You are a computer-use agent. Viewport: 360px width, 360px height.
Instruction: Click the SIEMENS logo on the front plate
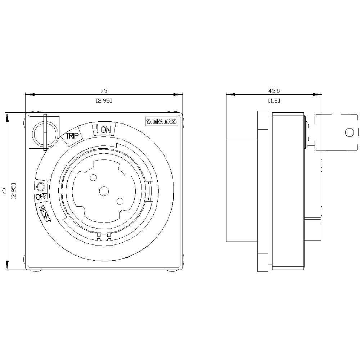162,121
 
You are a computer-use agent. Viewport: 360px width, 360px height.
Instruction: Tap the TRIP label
72,136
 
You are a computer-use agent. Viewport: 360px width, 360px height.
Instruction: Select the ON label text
105,130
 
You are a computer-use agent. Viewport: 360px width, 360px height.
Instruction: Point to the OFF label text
41,197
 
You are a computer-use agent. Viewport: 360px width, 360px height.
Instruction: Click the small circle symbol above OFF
41,186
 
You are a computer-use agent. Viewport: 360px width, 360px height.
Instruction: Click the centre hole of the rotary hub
104,191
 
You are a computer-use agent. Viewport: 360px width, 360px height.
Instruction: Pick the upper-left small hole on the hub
93,178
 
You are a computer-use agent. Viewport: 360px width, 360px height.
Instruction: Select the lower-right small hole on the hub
120,201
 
